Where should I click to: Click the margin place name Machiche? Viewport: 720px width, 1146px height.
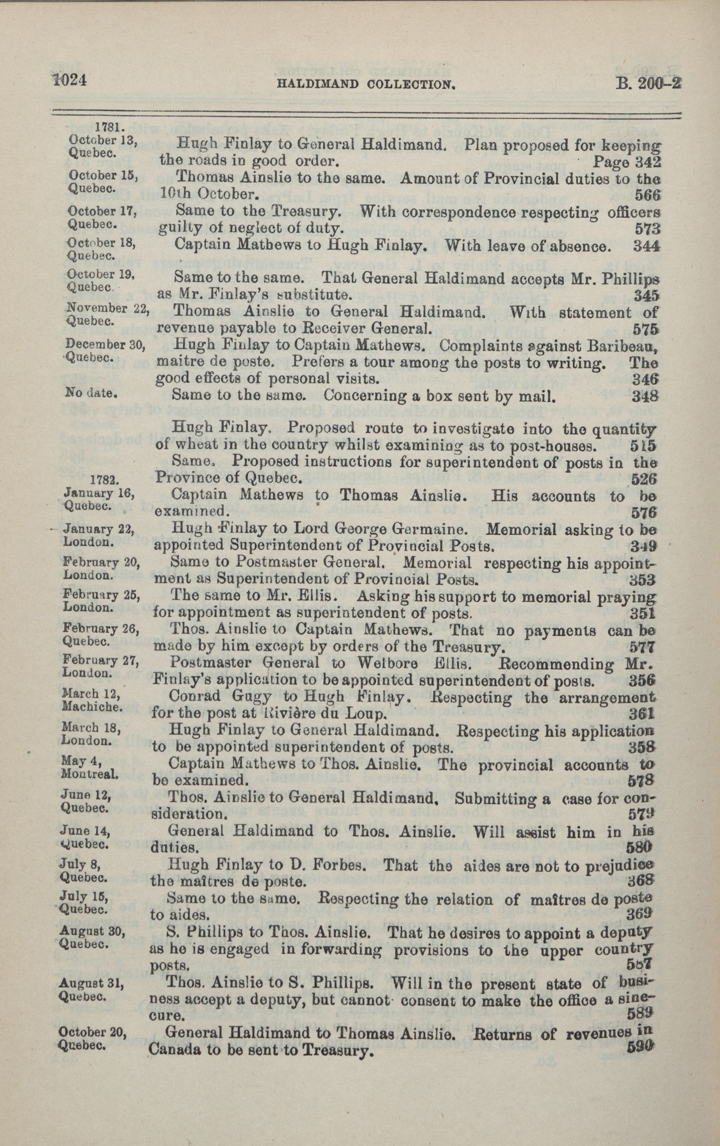click(x=92, y=707)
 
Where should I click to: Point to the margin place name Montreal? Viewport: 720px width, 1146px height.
click(x=90, y=774)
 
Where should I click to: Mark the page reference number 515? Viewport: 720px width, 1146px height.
click(x=643, y=446)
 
